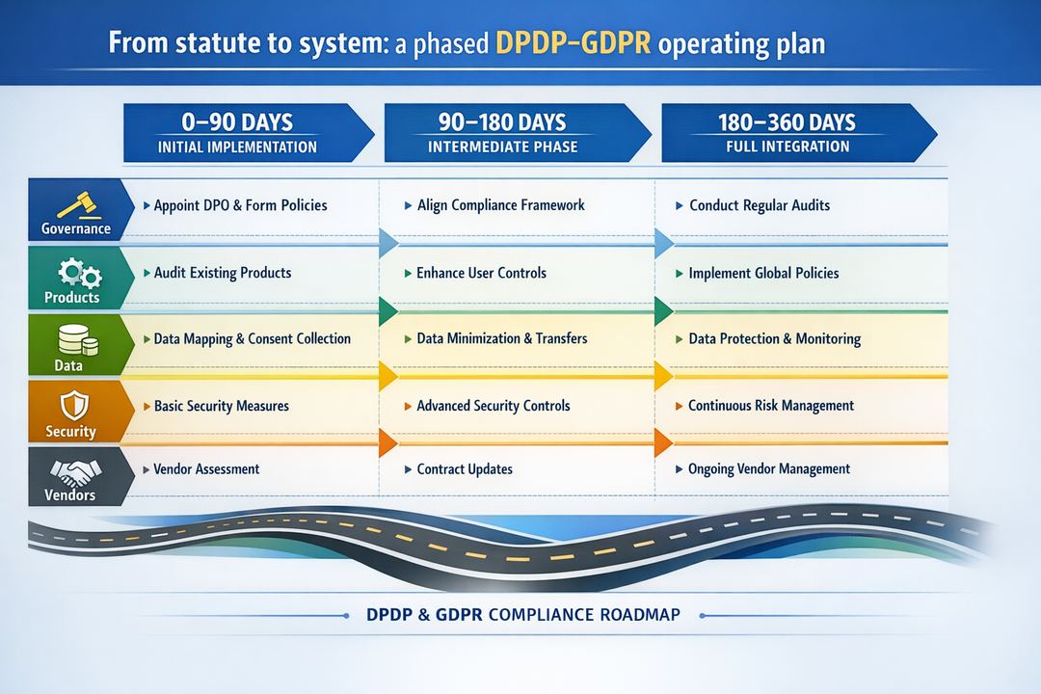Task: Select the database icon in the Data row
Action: coord(75,338)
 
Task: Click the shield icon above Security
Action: coord(73,404)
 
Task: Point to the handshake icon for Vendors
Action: coord(75,471)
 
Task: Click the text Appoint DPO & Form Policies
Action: coord(240,205)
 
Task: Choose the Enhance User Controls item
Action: coord(481,273)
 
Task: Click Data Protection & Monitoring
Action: coord(774,339)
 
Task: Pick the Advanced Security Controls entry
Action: coord(493,406)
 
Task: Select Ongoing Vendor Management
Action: coord(768,469)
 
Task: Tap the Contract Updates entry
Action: coord(464,469)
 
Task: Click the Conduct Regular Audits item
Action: coord(760,205)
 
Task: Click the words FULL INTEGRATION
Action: coord(787,147)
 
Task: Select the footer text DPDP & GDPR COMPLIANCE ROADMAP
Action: coord(522,614)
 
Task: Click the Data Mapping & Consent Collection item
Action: coord(252,339)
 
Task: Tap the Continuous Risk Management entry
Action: coord(770,406)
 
